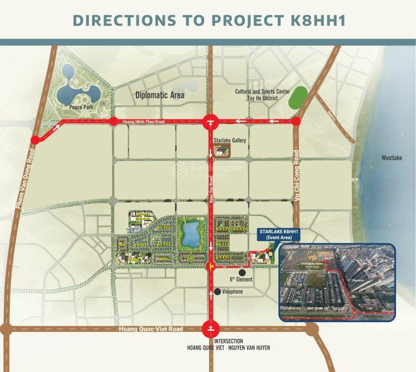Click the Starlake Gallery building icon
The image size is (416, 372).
click(229, 152)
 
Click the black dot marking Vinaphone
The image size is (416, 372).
click(217, 292)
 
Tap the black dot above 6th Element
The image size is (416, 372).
click(242, 272)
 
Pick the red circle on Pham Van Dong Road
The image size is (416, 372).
click(35, 140)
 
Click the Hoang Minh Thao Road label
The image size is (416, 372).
click(144, 122)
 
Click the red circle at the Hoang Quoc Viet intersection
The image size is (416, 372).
click(210, 329)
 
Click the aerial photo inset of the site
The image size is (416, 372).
click(336, 281)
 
